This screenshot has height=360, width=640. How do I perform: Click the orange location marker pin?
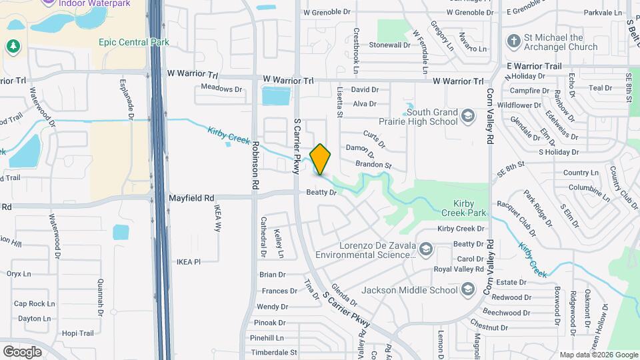click(320, 159)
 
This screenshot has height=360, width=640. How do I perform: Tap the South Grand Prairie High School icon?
click(468, 117)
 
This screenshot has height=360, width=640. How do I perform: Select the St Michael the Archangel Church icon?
click(513, 42)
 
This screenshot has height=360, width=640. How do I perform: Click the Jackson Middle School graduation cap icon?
click(468, 289)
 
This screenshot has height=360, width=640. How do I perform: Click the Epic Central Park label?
click(133, 42)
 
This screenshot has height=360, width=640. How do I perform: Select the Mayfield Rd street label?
click(191, 198)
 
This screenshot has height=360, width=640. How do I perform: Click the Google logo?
click(22, 351)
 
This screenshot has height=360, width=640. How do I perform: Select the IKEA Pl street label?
click(188, 262)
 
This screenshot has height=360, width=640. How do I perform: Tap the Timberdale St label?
click(274, 352)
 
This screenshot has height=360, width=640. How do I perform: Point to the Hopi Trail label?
click(77, 333)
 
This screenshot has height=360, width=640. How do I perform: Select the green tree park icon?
click(13, 46)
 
